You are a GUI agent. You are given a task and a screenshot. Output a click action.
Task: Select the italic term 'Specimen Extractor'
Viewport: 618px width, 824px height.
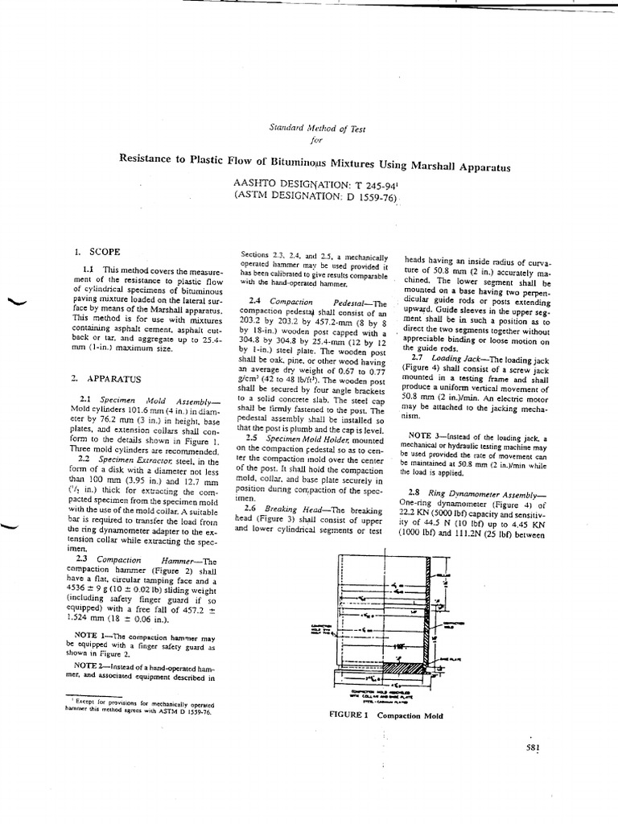[x=134, y=459]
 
